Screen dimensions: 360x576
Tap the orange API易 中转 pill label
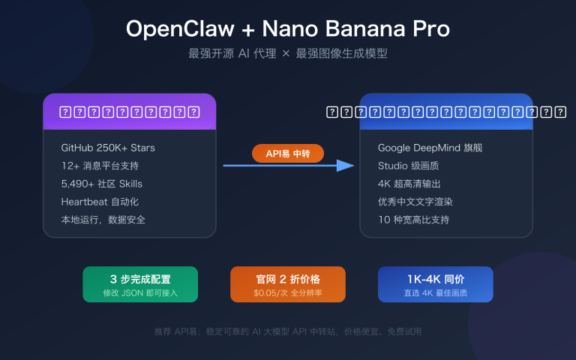[288, 154]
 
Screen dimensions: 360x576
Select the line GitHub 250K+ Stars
[108, 148]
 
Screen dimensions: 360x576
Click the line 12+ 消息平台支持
[100, 166]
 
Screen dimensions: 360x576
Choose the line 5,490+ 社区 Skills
[102, 184]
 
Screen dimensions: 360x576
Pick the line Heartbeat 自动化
[100, 202]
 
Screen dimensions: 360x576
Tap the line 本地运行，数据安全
[103, 220]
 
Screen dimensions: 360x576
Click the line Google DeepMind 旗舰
[430, 148]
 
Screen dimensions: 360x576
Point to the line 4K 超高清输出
[409, 184]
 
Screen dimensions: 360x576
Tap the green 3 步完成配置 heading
[140, 279]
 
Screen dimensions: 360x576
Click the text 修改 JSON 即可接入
[140, 292]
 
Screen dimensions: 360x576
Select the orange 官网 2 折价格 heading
[288, 279]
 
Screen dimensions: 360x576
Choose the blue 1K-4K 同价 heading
[435, 279]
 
